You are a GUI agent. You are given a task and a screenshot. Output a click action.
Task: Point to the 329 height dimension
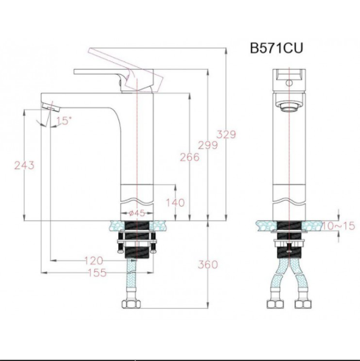(226, 134)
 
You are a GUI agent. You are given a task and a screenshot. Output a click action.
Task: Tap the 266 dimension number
(189, 157)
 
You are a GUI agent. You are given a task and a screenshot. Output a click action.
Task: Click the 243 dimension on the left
(23, 165)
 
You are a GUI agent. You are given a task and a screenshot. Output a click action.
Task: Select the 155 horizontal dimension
(96, 273)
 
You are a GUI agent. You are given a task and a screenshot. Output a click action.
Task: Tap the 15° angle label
(63, 121)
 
